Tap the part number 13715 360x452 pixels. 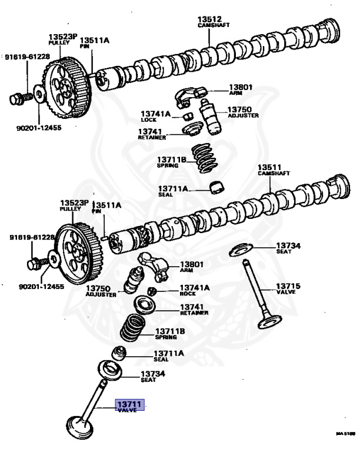pos(288,287)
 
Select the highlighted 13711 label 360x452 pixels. pos(128,406)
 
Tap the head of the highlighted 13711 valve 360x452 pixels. pos(76,425)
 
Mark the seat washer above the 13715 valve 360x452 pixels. pos(243,250)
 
